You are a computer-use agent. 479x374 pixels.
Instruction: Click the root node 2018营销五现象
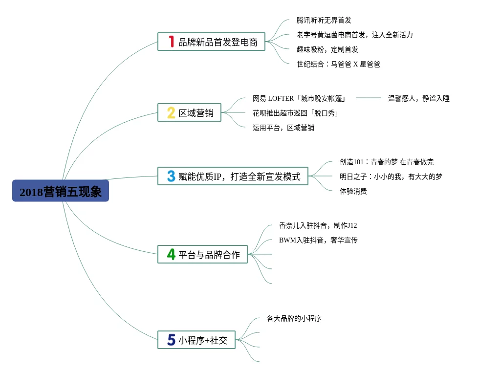[x=61, y=191]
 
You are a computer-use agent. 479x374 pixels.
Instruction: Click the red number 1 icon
[x=172, y=42]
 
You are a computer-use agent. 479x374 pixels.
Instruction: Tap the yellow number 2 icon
[x=171, y=112]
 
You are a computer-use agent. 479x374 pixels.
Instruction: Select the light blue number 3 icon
[x=171, y=176]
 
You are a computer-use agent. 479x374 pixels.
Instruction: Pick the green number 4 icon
[x=171, y=254]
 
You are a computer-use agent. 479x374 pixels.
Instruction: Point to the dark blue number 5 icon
[x=172, y=340]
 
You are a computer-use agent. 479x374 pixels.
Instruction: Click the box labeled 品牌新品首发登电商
[x=211, y=42]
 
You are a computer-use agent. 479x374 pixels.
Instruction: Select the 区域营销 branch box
[x=190, y=112]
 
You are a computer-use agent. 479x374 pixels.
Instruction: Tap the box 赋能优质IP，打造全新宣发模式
[x=233, y=176]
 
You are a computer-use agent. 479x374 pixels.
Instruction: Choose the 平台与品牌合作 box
[x=202, y=254]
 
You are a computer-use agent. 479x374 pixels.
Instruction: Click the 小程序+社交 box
[x=196, y=340]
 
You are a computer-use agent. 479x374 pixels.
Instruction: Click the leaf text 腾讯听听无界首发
[x=324, y=20]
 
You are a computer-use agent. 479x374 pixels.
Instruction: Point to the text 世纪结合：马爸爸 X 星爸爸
[x=338, y=64]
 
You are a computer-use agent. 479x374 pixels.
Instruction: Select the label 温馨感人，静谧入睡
[x=419, y=98]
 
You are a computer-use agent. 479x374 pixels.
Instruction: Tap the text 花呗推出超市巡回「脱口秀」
[x=296, y=113]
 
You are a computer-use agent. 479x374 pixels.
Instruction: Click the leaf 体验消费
[x=353, y=191]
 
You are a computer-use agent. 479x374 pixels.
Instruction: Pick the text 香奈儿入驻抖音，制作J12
[x=318, y=225]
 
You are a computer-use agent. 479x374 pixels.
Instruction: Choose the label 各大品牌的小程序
[x=294, y=318]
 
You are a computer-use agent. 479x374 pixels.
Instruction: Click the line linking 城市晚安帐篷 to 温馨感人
[x=369, y=98]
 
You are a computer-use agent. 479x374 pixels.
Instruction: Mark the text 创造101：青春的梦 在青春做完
[x=387, y=162]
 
